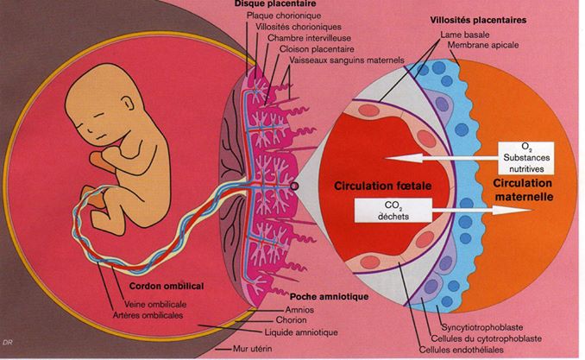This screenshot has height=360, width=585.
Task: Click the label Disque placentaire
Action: (275, 3)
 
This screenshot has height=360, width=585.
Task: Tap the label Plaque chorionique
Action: (284, 16)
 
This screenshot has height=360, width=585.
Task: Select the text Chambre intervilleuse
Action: (309, 38)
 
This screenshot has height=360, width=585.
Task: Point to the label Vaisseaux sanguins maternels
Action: (347, 60)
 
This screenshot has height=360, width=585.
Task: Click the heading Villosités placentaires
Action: (478, 20)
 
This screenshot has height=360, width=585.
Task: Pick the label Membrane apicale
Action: (483, 45)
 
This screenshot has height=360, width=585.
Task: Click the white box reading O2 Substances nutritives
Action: (526, 158)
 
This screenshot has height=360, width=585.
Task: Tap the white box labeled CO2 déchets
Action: (393, 211)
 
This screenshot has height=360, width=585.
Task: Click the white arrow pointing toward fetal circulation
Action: (442, 158)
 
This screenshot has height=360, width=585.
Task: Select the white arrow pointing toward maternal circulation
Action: (481, 211)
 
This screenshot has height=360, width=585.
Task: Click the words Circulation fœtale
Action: (383, 186)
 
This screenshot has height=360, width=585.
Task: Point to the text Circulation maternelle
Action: (524, 190)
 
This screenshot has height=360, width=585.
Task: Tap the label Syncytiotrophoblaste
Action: (482, 327)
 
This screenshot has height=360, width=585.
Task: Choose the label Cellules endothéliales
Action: (462, 350)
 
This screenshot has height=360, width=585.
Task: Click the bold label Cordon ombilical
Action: (167, 286)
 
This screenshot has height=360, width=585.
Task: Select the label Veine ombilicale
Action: (155, 305)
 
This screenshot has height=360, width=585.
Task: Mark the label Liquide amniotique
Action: (301, 332)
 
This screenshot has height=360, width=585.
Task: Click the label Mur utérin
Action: (253, 349)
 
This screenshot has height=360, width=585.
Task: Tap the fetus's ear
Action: (128, 102)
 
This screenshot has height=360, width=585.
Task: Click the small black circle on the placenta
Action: (294, 186)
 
